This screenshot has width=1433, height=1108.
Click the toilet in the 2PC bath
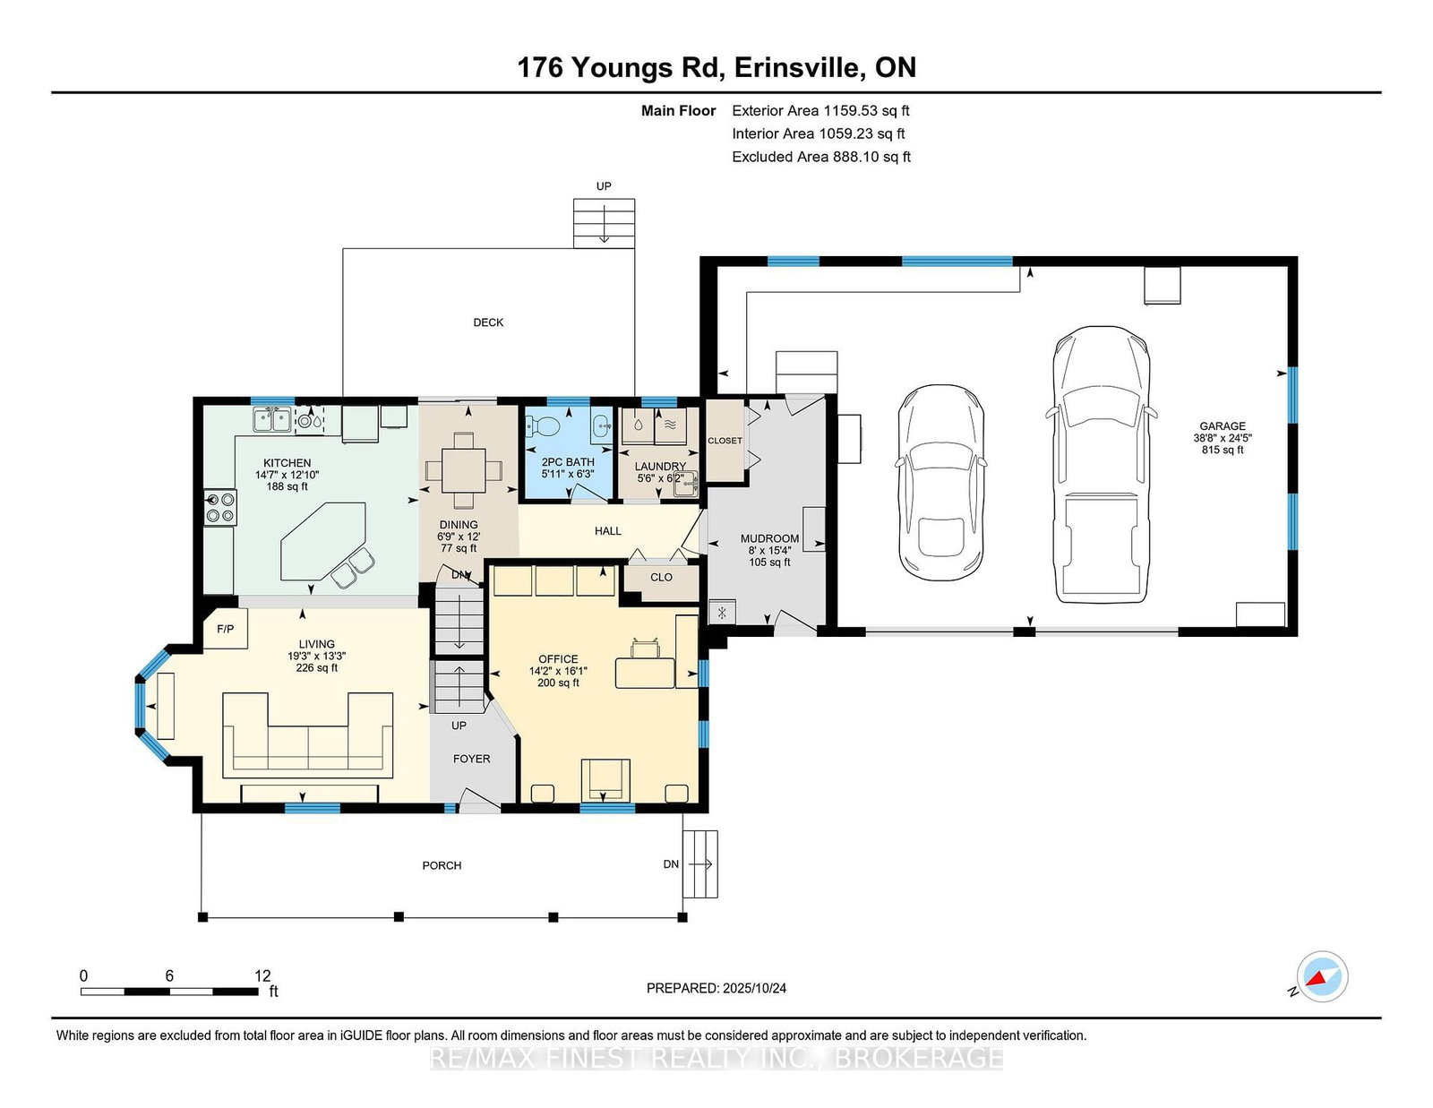pos(542,427)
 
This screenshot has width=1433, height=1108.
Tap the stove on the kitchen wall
pos(219,507)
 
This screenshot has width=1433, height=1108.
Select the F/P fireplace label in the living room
pos(226,629)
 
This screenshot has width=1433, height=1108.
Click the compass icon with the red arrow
pos(1322,976)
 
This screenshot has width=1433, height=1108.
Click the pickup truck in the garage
pos(1100,464)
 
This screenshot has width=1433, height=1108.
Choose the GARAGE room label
pos(1222,426)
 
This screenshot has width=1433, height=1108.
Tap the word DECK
pos(488,322)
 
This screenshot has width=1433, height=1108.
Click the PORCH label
pos(442,865)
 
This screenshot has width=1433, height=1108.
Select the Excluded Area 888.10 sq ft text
pos(821,157)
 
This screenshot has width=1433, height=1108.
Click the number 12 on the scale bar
pos(262,975)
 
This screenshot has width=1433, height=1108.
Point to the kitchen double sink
pos(271,419)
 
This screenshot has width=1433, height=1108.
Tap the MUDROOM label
pos(769,538)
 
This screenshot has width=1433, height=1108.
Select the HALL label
pos(607,531)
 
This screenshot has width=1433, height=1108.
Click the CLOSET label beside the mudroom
pos(725,441)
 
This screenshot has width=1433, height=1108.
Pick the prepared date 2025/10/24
pos(754,988)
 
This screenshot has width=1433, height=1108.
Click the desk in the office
pos(645,673)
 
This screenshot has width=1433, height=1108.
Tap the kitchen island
pos(323,542)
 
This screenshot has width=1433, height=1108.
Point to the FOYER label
pos(471,759)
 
